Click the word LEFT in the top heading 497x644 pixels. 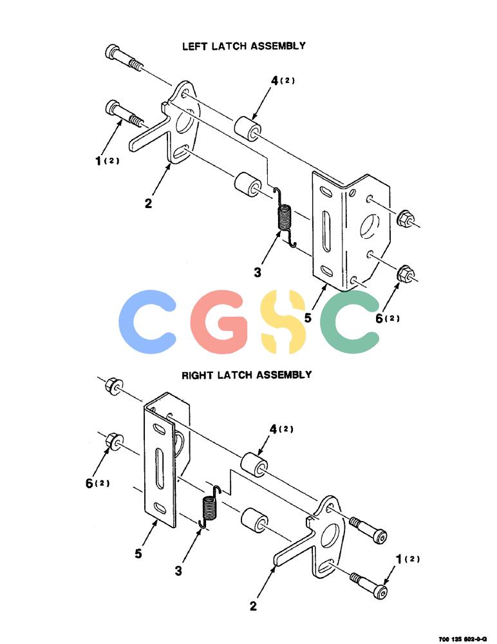[196, 46]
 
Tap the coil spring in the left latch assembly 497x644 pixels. [285, 218]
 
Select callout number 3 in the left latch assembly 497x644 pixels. [257, 272]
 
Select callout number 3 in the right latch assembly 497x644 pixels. [178, 571]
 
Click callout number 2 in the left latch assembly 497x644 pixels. [148, 203]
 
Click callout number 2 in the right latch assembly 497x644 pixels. [253, 605]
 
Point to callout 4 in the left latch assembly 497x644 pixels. [275, 80]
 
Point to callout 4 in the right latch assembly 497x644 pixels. [274, 429]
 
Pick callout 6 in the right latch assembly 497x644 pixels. [89, 484]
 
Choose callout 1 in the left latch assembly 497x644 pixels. [98, 160]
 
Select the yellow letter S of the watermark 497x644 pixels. [284, 322]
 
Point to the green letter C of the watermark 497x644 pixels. [350, 322]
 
